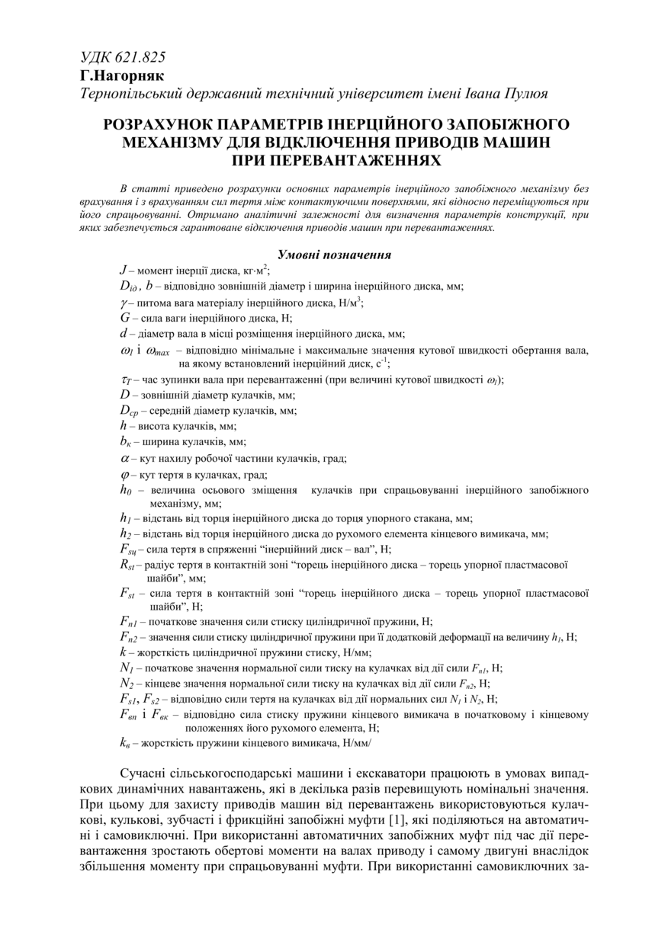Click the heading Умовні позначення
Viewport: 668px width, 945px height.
tap(334, 255)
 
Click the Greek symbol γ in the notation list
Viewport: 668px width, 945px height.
tap(123, 303)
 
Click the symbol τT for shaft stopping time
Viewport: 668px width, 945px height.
tap(127, 380)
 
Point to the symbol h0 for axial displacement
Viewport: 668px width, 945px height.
tap(127, 490)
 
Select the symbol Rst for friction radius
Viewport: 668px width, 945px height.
tap(128, 565)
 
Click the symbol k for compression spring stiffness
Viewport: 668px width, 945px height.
tap(123, 653)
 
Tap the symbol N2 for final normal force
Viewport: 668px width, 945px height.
tap(127, 684)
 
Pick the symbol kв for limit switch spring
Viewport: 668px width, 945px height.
tap(127, 742)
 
